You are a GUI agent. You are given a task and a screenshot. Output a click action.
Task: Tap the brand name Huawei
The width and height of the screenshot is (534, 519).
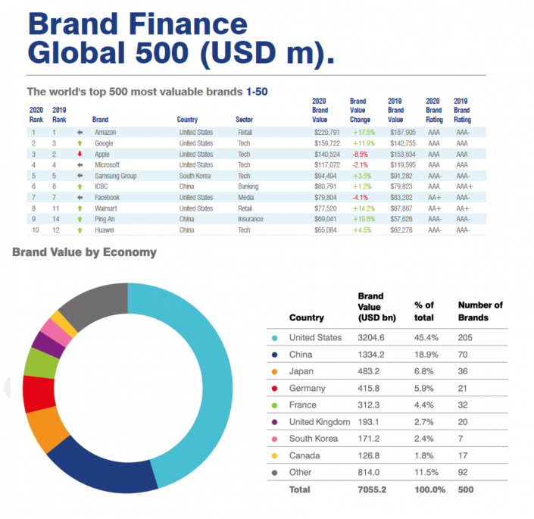104,230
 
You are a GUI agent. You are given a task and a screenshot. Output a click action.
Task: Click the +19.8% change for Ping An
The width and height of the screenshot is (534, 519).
361,219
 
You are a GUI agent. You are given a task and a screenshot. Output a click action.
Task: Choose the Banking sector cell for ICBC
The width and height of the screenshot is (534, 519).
248,186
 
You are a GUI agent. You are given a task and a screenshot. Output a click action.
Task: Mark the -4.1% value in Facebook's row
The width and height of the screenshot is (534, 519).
361,197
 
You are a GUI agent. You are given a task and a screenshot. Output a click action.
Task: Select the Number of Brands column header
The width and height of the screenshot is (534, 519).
479,311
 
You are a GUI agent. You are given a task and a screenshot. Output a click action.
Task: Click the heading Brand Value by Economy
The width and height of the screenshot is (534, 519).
84,252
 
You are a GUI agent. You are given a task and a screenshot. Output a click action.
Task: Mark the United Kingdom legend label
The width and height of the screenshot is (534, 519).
318,422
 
